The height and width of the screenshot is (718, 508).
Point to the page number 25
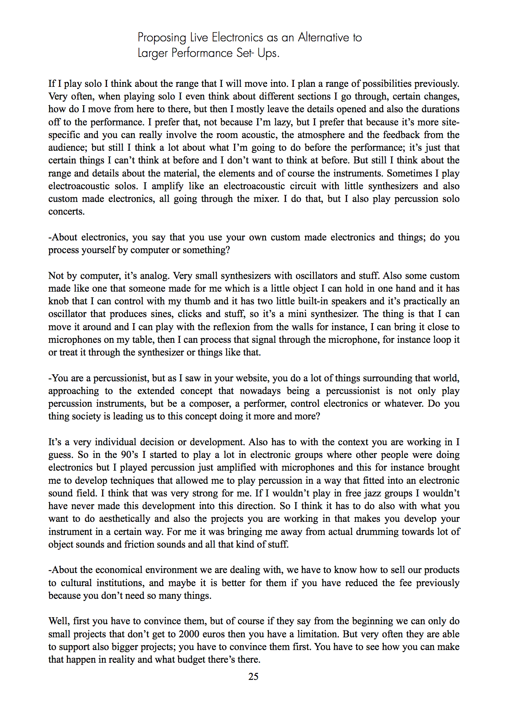[x=253, y=677]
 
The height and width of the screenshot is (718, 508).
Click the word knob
[x=59, y=301]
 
